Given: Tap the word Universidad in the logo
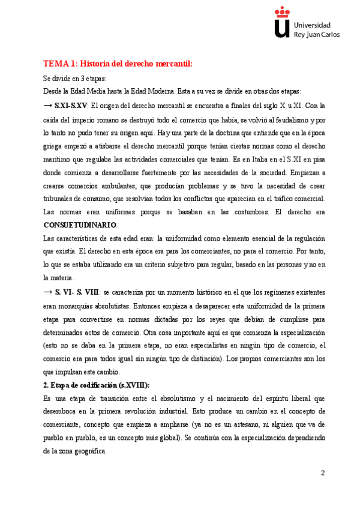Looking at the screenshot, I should click(312, 25).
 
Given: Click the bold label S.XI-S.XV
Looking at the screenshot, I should click(73, 105).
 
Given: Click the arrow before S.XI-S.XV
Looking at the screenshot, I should click(48, 105).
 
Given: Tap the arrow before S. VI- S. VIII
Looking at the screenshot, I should click(48, 292).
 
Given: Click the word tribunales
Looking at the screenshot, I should click(59, 199).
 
